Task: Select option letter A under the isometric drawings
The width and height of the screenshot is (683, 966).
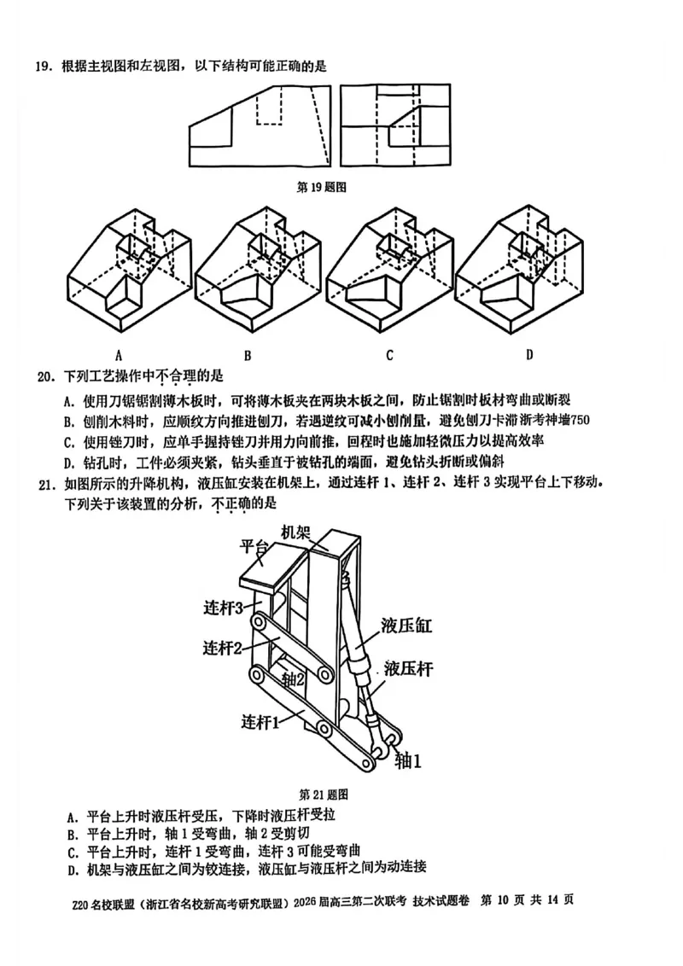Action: [120, 354]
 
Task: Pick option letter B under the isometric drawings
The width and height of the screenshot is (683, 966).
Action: [247, 354]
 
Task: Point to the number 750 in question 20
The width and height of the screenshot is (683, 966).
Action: [580, 420]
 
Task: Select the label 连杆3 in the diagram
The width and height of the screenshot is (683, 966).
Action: [225, 608]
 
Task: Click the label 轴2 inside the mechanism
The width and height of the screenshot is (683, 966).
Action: [293, 680]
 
